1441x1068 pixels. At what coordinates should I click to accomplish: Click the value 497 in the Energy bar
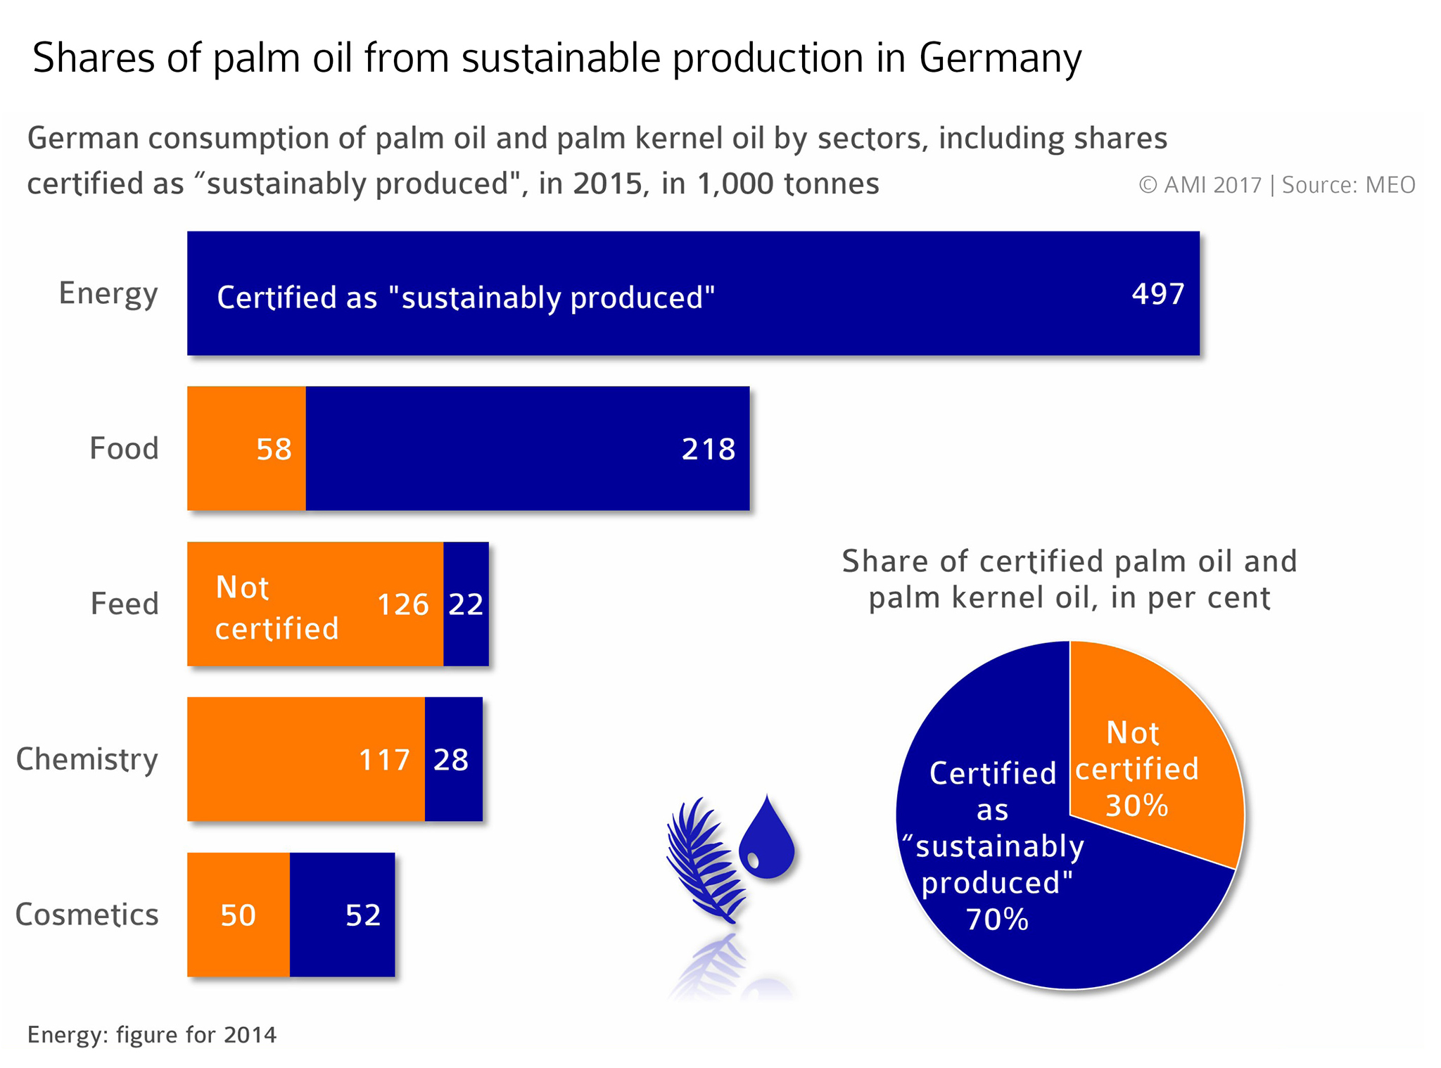(1157, 294)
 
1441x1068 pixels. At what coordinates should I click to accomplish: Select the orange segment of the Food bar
(246, 448)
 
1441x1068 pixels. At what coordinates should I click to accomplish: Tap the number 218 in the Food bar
(708, 450)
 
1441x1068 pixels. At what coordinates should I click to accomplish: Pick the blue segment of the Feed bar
(466, 604)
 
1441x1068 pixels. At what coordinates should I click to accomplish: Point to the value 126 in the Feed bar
(402, 604)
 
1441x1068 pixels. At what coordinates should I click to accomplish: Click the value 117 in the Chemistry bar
(384, 760)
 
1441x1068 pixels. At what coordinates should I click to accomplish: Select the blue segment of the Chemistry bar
(453, 760)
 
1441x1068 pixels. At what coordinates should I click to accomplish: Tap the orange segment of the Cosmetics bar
(238, 915)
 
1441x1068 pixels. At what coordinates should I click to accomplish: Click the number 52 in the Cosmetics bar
(363, 915)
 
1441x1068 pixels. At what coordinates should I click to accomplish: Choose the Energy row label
(108, 294)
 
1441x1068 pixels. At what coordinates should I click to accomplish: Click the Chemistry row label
(87, 760)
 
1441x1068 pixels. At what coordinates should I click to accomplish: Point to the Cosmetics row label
(87, 915)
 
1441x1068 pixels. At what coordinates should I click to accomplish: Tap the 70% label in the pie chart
(997, 920)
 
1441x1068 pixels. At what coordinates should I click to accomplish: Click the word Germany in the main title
(1000, 59)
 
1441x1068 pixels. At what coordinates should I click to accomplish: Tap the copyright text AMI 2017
(1200, 185)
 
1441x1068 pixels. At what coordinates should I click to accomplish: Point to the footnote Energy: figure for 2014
(152, 1035)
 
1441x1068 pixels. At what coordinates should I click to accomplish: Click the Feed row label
(125, 604)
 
